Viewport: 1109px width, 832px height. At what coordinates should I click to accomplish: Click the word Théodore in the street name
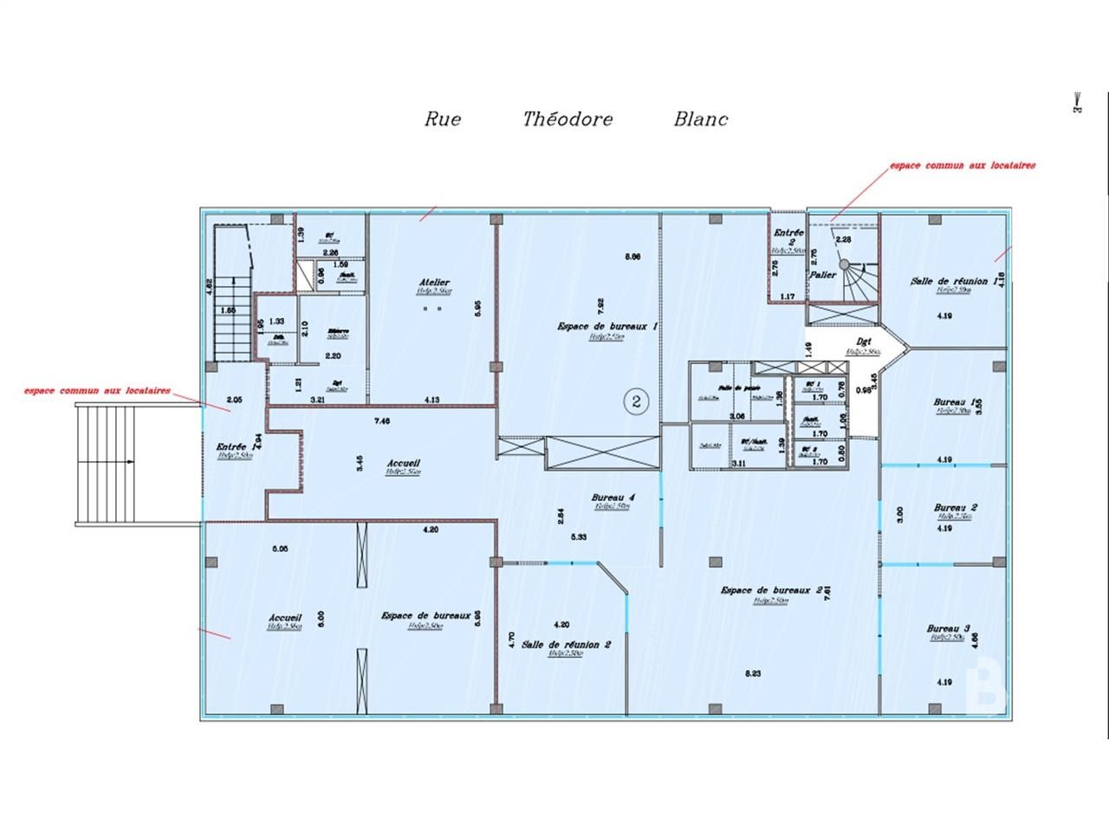click(567, 120)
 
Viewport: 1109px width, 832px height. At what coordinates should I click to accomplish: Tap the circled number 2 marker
click(636, 401)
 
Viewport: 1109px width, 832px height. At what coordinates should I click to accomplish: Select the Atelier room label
click(434, 283)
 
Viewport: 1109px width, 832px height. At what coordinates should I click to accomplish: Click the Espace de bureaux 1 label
click(606, 327)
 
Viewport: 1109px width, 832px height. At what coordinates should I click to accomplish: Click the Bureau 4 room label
click(613, 497)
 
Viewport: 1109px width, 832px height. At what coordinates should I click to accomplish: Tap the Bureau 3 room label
click(948, 628)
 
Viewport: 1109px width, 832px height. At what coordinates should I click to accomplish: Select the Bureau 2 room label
click(956, 508)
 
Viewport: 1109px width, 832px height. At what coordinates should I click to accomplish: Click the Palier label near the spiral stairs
click(822, 275)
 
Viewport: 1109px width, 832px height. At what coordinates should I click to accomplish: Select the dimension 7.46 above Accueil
click(381, 421)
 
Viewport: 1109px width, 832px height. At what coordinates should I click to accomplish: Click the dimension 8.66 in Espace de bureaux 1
click(632, 257)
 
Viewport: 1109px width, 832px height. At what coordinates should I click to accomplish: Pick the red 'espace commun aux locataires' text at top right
click(963, 165)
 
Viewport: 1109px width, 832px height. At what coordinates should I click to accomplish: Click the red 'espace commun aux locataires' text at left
click(97, 391)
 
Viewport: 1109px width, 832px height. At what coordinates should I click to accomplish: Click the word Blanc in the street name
click(701, 120)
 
